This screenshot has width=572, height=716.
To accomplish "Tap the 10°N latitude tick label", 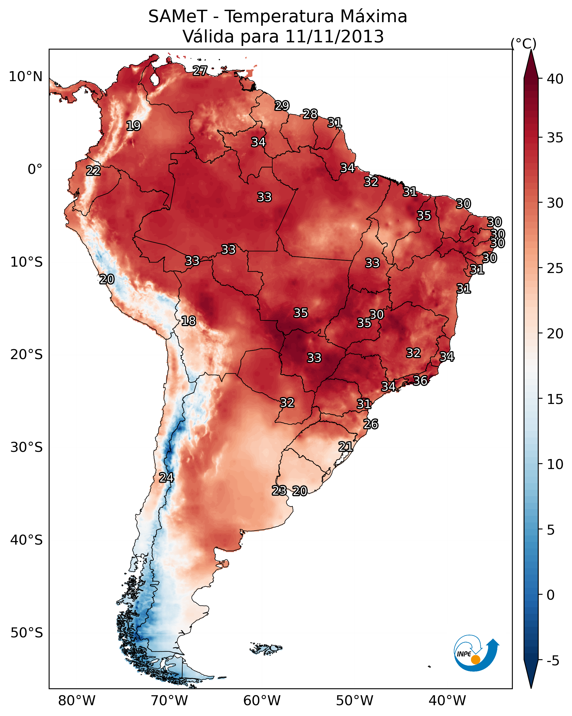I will [25, 77].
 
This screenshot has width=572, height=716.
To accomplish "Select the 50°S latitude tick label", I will [27, 633].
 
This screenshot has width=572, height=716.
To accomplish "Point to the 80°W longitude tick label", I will [77, 701].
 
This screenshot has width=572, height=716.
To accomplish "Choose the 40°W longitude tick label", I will [447, 701].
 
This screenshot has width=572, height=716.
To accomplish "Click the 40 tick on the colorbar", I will [555, 79].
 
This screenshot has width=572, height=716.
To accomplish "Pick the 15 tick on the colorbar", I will [555, 399].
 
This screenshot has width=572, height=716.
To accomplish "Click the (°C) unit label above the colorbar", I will [523, 43].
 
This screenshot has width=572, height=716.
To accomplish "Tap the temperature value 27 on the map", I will [200, 70].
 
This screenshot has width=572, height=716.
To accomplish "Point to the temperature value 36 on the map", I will [420, 381].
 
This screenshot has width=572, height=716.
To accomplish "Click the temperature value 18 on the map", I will [188, 321].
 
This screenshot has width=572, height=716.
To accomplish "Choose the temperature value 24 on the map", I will [166, 478].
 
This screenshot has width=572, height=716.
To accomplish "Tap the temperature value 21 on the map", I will [345, 447].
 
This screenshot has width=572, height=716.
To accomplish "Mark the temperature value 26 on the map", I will [371, 424].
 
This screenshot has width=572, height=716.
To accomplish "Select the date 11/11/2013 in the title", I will [334, 37].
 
